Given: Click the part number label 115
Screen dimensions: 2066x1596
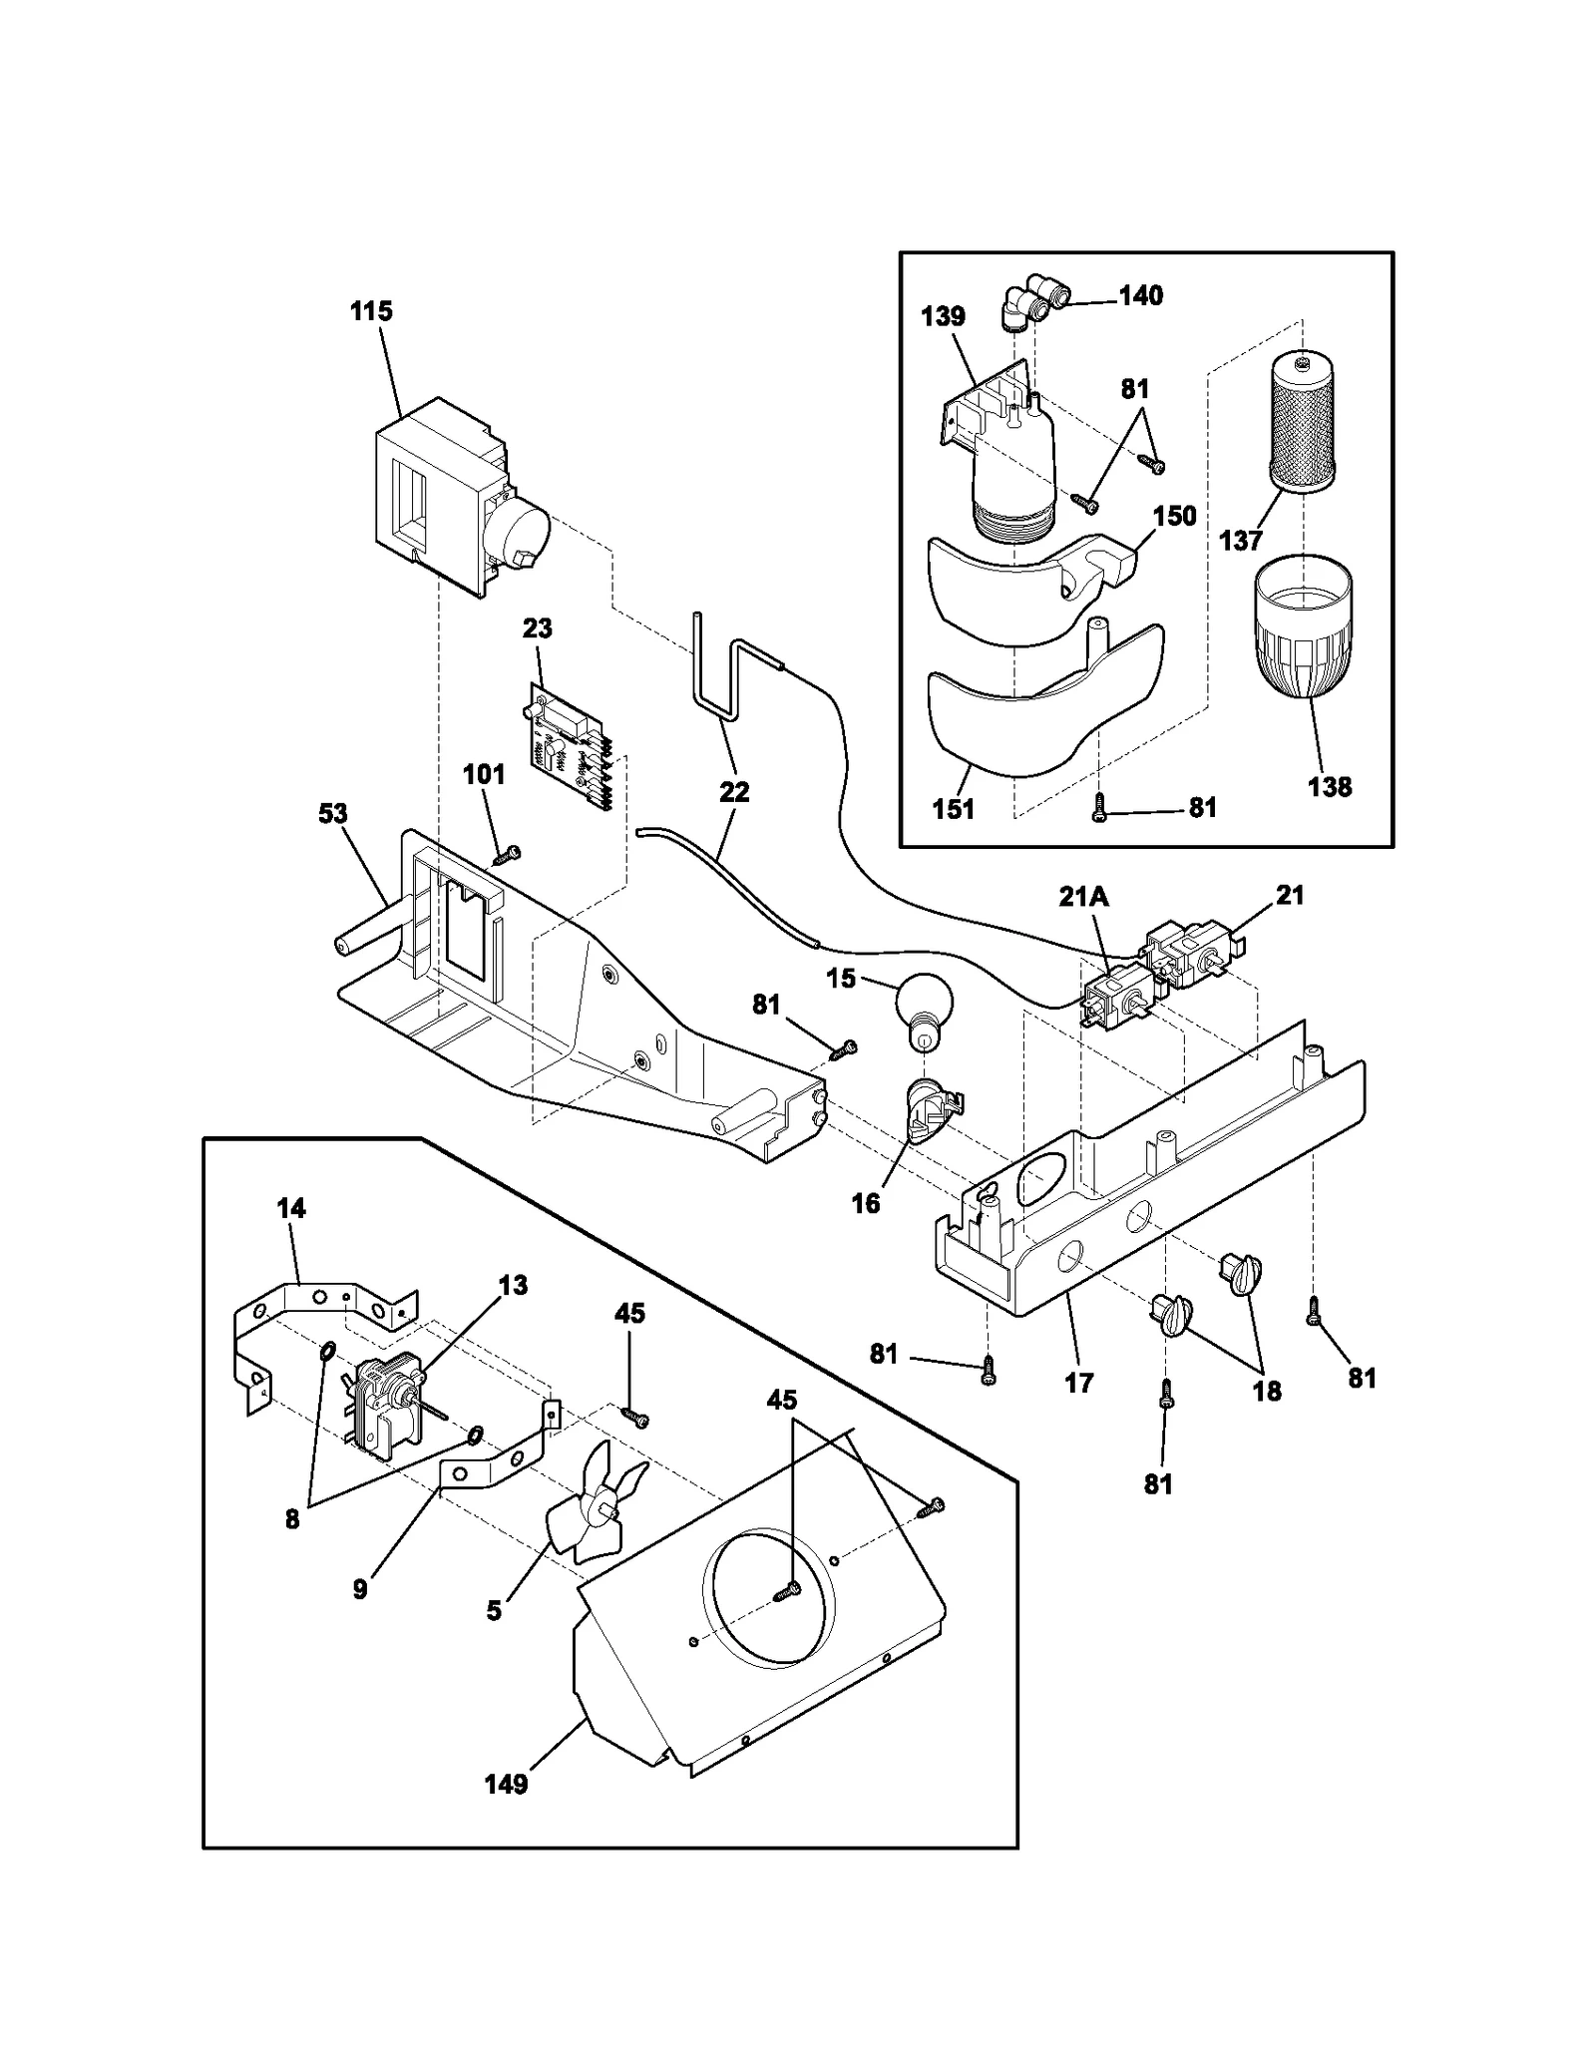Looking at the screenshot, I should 371,311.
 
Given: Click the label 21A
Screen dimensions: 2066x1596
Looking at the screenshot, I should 1083,898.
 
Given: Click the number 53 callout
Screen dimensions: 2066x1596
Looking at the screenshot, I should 332,813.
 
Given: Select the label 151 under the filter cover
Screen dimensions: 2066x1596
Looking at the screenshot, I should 953,809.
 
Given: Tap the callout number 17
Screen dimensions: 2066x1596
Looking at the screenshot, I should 1079,1383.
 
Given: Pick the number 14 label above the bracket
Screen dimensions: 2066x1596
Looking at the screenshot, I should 290,1208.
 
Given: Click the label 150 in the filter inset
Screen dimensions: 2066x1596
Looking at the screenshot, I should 1174,516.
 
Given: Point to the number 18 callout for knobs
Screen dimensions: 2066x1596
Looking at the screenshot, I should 1267,1391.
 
